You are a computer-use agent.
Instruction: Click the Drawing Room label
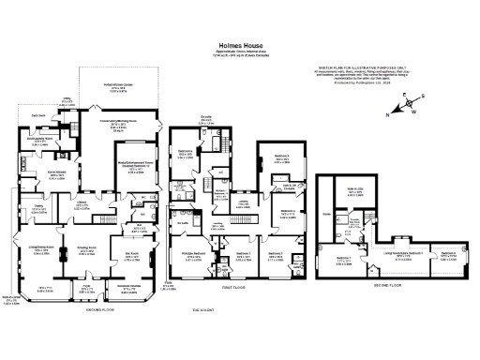coord(86,251)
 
